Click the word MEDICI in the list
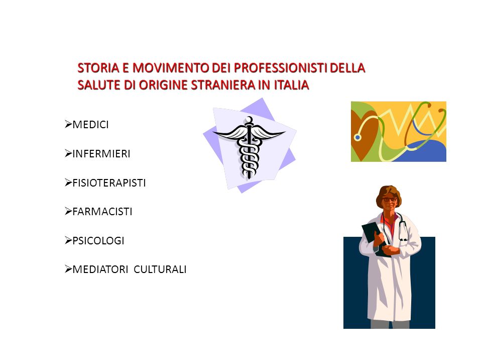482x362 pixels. pyautogui.click(x=91, y=125)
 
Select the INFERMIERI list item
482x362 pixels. pyautogui.click(x=101, y=154)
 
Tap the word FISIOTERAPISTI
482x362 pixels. pyautogui.click(x=109, y=183)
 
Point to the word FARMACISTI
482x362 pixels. pyautogui.click(x=102, y=212)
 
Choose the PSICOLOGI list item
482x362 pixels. pyautogui.click(x=98, y=240)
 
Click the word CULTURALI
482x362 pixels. pyautogui.click(x=160, y=269)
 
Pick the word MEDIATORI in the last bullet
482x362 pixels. pyautogui.click(x=100, y=269)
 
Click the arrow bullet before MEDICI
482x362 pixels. pyautogui.click(x=68, y=124)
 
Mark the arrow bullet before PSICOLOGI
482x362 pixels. pyautogui.click(x=68, y=240)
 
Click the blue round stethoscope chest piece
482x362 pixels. pyautogui.click(x=357, y=137)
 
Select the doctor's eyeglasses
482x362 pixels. pyautogui.click(x=390, y=200)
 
